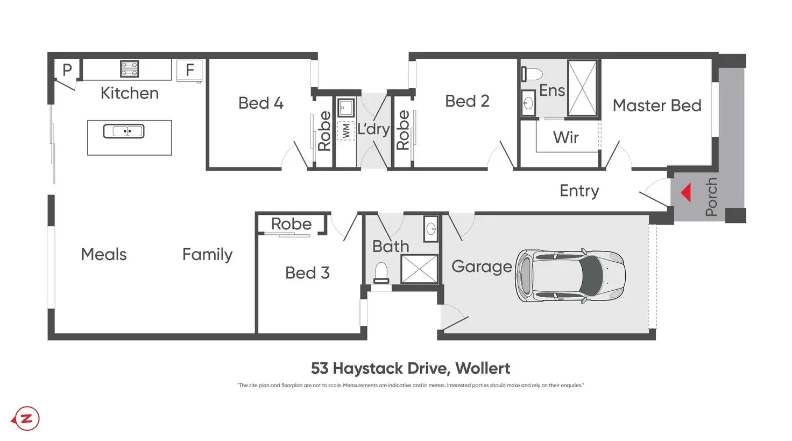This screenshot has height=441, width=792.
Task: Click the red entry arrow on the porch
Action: tap(686, 192)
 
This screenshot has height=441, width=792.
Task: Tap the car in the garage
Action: tap(571, 275)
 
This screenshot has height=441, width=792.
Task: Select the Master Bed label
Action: tap(657, 106)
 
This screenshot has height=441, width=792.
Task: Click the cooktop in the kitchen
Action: tap(129, 69)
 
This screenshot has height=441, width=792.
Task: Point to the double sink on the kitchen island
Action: tap(124, 131)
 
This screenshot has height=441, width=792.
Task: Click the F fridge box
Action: tap(189, 70)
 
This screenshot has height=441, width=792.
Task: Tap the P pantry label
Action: tap(67, 70)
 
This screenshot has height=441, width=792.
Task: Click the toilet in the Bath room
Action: tap(381, 272)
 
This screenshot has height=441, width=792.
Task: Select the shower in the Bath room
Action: tap(419, 269)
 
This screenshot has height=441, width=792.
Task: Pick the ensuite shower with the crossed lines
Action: tap(582, 88)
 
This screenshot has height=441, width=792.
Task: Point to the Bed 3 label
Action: tap(307, 273)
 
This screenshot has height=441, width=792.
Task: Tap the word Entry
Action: tap(579, 191)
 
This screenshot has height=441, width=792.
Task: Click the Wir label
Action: tap(566, 138)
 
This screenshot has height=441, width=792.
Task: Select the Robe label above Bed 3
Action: tap(291, 224)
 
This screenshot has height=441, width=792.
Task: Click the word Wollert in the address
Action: tap(483, 368)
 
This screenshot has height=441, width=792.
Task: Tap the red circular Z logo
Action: tap(26, 418)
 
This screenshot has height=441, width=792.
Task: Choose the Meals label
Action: tap(104, 254)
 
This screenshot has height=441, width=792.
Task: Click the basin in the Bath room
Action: tap(431, 229)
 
